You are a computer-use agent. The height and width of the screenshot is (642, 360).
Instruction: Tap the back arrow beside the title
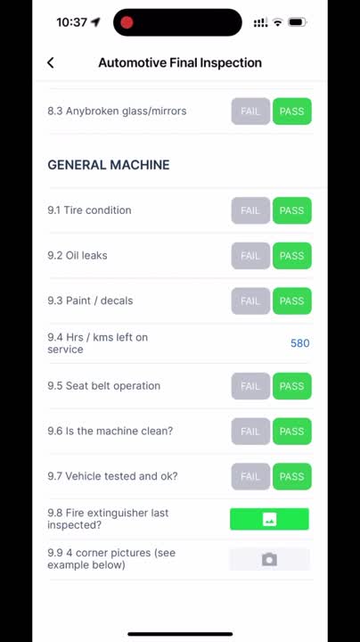pos(51,62)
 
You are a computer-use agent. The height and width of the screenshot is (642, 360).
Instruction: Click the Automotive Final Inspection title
pos(180,62)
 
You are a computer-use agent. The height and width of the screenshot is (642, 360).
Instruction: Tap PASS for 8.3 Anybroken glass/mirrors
pos(291,111)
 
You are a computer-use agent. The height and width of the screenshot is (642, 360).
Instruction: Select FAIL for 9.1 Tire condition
pos(250,210)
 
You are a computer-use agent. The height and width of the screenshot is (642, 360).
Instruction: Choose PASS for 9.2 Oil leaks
pos(291,256)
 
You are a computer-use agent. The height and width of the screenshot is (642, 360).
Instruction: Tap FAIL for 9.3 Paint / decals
pos(250,300)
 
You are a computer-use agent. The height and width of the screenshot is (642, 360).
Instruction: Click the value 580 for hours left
pos(299,343)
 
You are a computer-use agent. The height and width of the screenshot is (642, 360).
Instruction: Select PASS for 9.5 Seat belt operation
pos(291,386)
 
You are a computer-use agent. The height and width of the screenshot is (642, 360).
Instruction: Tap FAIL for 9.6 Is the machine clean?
pos(250,432)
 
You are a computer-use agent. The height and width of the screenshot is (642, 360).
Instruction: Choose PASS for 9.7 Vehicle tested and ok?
pos(291,476)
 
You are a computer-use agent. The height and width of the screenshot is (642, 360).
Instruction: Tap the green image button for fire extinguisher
pos(269,520)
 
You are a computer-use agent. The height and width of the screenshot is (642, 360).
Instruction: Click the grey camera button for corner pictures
pos(269,559)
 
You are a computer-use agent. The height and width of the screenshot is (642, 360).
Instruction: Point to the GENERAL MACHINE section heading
pos(109,165)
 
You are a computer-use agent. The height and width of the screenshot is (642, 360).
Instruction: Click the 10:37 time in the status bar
pos(71,22)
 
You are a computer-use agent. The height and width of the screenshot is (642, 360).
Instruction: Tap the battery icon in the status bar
pos(298,22)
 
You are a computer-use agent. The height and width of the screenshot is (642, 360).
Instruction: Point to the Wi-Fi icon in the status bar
pos(278,22)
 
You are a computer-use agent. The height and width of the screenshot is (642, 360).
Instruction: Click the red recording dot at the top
pos(127,22)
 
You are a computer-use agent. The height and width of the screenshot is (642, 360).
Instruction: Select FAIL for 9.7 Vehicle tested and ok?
pos(250,476)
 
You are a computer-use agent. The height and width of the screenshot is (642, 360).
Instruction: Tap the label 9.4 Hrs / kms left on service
pos(98,343)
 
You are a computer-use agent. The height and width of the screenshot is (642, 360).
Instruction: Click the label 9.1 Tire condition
pos(89,210)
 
